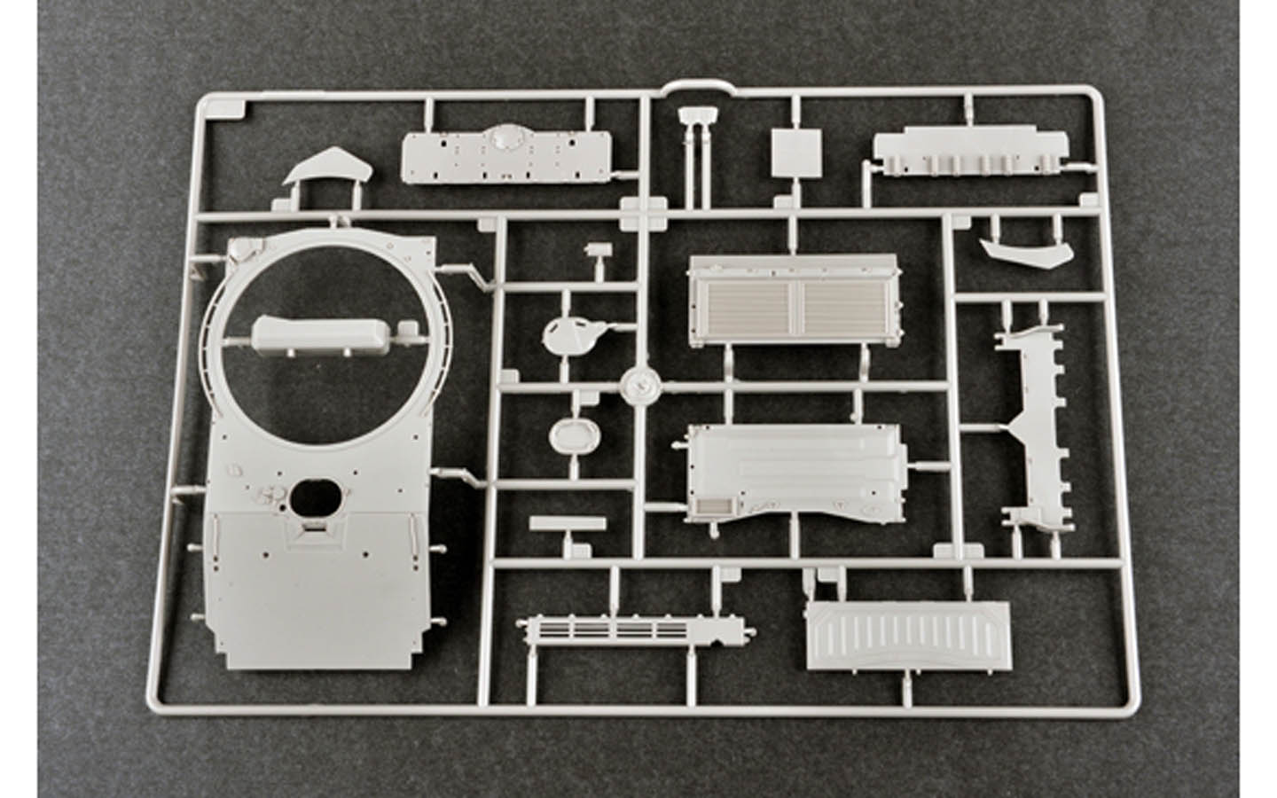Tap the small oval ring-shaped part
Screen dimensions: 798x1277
tap(569, 434)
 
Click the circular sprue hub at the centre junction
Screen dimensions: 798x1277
tap(640, 385)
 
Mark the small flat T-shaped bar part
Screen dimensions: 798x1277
tap(564, 524)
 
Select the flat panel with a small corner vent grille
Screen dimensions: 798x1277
tap(795, 470)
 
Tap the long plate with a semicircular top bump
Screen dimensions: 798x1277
tap(506, 157)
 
